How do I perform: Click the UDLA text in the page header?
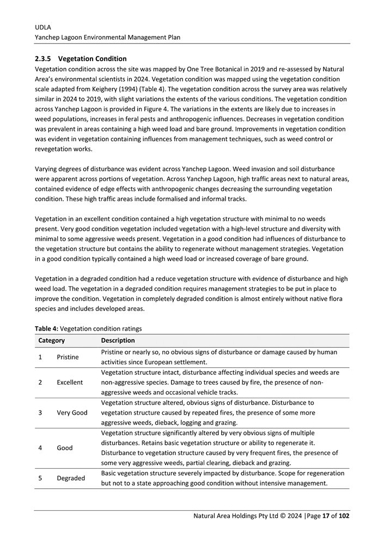(x=43, y=26)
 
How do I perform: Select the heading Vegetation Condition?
(x=92, y=58)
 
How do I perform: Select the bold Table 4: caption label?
(x=46, y=328)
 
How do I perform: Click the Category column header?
(x=52, y=340)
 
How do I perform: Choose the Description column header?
(x=118, y=340)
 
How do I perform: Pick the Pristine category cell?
(x=68, y=357)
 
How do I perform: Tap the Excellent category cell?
(x=70, y=382)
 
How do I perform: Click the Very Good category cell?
(x=72, y=413)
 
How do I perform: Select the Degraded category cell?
(x=71, y=478)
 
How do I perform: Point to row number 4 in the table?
(x=40, y=448)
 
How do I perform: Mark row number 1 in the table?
(x=40, y=357)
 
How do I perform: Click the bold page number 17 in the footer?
(x=325, y=516)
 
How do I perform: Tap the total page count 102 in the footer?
(x=343, y=516)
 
